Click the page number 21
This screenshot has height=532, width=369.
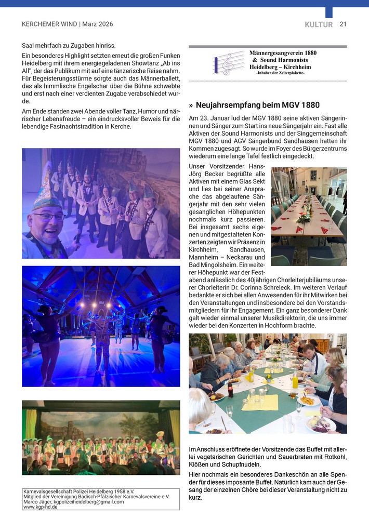click(343, 24)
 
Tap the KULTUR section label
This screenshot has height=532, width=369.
click(319, 24)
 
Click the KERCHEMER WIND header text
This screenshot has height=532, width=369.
click(49, 24)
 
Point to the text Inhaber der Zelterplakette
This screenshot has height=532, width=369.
click(280, 73)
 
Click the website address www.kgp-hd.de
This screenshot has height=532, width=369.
click(41, 507)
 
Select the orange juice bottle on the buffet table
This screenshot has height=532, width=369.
click(295, 380)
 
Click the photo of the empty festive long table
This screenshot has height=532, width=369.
click(308, 216)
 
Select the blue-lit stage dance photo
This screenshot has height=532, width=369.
click(101, 326)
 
